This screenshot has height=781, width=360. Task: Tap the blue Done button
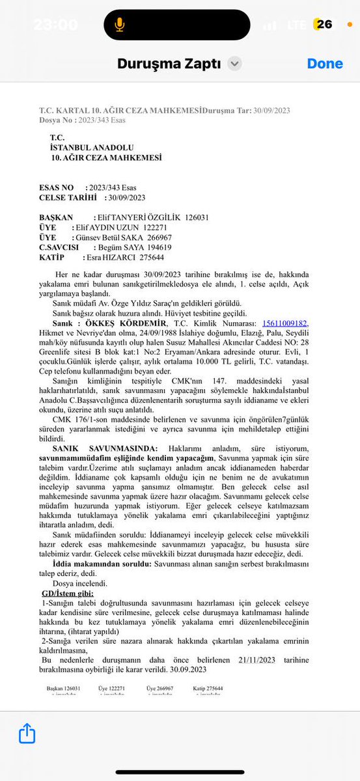click(325, 64)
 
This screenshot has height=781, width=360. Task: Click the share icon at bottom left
click(27, 733)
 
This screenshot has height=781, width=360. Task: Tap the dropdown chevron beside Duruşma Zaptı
click(235, 64)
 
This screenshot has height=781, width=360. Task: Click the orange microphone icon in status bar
click(119, 25)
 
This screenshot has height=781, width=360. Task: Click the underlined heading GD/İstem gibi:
click(67, 593)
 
